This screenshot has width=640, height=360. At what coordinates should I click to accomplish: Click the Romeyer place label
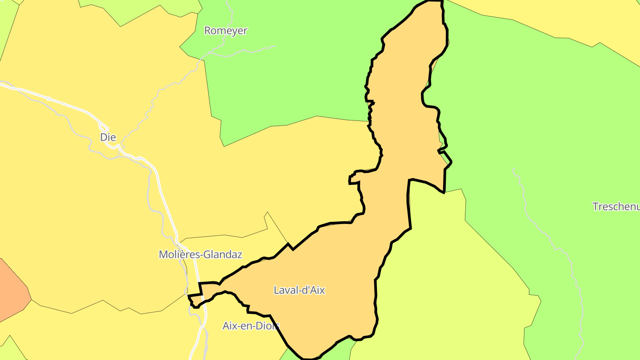click(225, 31)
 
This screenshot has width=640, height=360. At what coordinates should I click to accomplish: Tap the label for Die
click(108, 137)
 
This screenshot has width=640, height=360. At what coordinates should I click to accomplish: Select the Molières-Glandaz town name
click(200, 255)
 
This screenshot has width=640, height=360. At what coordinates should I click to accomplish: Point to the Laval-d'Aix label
click(299, 291)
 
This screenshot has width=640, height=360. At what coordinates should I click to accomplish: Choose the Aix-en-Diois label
click(251, 326)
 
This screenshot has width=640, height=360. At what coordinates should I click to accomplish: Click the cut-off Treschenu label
click(616, 207)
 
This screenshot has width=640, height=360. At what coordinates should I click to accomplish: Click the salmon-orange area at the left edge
click(11, 289)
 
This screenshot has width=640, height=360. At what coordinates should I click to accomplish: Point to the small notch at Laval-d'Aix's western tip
click(195, 300)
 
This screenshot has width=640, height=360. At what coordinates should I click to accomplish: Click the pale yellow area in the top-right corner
click(578, 18)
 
